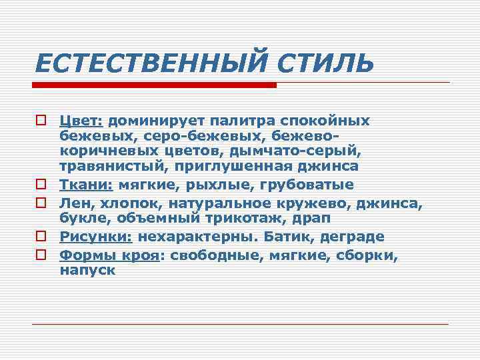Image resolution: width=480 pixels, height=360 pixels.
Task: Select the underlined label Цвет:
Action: pos(81,121)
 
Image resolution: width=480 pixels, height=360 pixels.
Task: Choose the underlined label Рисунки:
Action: pos(96,237)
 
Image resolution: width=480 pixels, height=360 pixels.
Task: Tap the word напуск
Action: pos(87,271)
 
